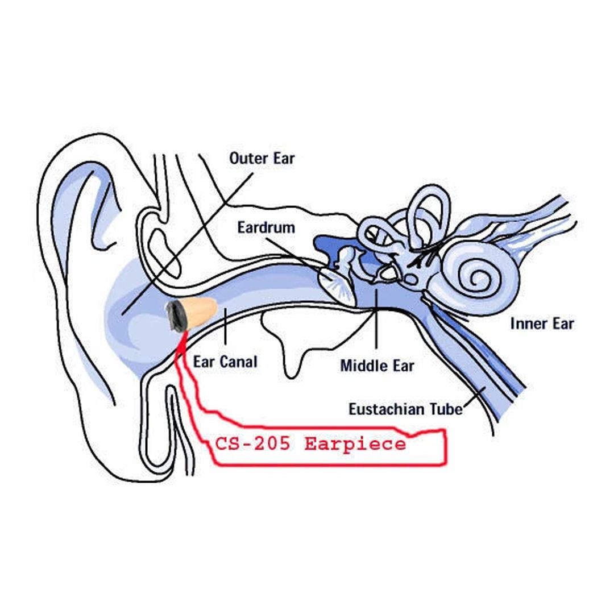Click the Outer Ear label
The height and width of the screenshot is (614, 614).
coord(262,157)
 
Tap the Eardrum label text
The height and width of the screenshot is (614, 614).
coord(266,228)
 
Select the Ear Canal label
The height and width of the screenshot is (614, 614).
coord(225,362)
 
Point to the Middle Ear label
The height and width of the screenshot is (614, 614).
coord(377,364)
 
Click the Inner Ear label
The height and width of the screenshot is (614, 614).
coord(542,324)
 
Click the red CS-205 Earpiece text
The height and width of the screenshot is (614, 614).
coord(310,444)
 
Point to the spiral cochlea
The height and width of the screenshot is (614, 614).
coord(481,277)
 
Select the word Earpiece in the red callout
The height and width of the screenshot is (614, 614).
coord(355,444)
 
